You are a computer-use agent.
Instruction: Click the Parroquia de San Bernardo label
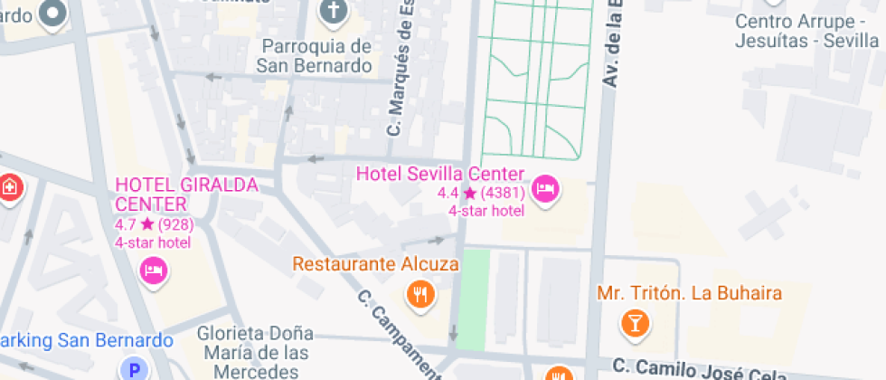[x=314, y=55]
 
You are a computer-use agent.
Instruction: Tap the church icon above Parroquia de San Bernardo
[x=334, y=12]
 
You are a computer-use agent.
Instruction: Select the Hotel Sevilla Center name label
[x=440, y=173]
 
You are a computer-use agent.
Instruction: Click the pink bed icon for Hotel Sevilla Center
[x=545, y=189]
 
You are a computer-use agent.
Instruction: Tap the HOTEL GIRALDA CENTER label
[x=186, y=194]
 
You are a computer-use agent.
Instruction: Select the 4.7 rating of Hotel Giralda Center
[x=124, y=224]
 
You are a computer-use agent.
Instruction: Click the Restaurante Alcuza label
[x=375, y=264]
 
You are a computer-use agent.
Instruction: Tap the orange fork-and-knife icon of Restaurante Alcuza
[x=419, y=293]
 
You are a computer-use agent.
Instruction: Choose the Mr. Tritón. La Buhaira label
[x=689, y=293]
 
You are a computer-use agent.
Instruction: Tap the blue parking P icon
[x=135, y=369]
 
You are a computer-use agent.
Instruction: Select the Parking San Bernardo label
[x=87, y=341]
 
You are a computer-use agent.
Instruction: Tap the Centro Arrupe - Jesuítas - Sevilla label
[x=806, y=31]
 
